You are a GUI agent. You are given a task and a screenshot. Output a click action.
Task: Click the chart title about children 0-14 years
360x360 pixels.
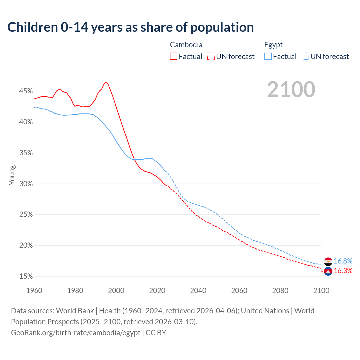click(x=130, y=27)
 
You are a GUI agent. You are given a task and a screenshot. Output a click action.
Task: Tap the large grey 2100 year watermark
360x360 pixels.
click(x=291, y=89)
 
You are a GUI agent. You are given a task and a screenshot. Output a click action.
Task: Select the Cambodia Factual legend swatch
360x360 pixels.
click(x=174, y=57)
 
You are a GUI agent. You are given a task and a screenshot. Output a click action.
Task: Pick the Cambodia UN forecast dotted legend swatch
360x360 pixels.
click(x=211, y=57)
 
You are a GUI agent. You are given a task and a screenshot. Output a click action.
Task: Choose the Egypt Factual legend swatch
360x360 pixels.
click(x=268, y=57)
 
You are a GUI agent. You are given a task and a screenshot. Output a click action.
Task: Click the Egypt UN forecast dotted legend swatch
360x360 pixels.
click(x=305, y=57)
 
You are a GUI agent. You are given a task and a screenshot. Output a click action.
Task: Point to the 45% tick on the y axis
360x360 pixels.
click(x=26, y=91)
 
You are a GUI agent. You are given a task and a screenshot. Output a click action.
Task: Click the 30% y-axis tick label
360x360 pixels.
click(x=26, y=184)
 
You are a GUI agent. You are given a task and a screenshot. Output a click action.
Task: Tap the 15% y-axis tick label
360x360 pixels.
click(x=26, y=276)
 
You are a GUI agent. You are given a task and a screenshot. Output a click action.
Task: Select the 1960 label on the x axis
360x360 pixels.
click(x=34, y=291)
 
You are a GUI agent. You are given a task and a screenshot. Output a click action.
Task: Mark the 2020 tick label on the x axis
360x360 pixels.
click(x=157, y=291)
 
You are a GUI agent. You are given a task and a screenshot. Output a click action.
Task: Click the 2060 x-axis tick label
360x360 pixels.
click(x=239, y=291)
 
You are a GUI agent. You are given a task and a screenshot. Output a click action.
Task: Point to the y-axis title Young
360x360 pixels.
click(x=12, y=175)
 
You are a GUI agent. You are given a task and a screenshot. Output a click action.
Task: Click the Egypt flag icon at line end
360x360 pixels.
click(x=328, y=262)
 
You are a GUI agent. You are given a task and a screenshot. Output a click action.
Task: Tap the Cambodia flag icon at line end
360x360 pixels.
click(x=328, y=271)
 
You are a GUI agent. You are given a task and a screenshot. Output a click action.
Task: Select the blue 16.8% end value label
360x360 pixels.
click(x=343, y=261)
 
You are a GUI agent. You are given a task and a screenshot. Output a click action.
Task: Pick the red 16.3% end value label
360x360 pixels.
click(x=343, y=271)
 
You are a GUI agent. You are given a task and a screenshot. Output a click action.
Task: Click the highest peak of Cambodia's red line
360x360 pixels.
click(x=106, y=82)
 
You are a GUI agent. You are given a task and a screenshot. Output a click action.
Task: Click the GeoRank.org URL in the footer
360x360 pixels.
click(x=76, y=332)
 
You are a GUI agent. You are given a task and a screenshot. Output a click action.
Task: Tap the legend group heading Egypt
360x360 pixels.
click(x=273, y=45)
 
